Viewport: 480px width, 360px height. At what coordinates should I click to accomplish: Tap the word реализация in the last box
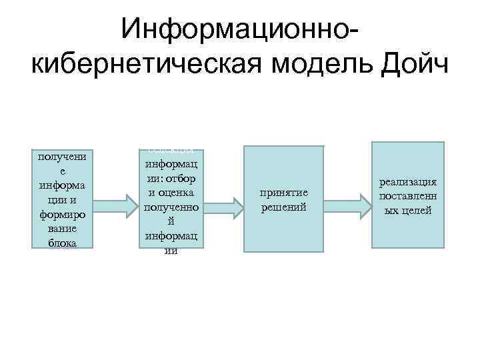pyautogui.click(x=408, y=181)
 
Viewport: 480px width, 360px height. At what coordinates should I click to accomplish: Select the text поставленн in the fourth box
pyautogui.click(x=408, y=196)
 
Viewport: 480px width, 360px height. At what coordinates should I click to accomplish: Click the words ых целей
pyautogui.click(x=408, y=211)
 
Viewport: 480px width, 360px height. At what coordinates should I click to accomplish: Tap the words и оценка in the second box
pyautogui.click(x=173, y=194)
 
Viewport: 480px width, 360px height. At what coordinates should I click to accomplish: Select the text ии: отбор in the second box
pyautogui.click(x=173, y=180)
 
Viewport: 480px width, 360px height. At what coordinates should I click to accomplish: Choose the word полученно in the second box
pyautogui.click(x=173, y=208)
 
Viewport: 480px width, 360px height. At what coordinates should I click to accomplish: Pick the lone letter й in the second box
pyautogui.click(x=173, y=222)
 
